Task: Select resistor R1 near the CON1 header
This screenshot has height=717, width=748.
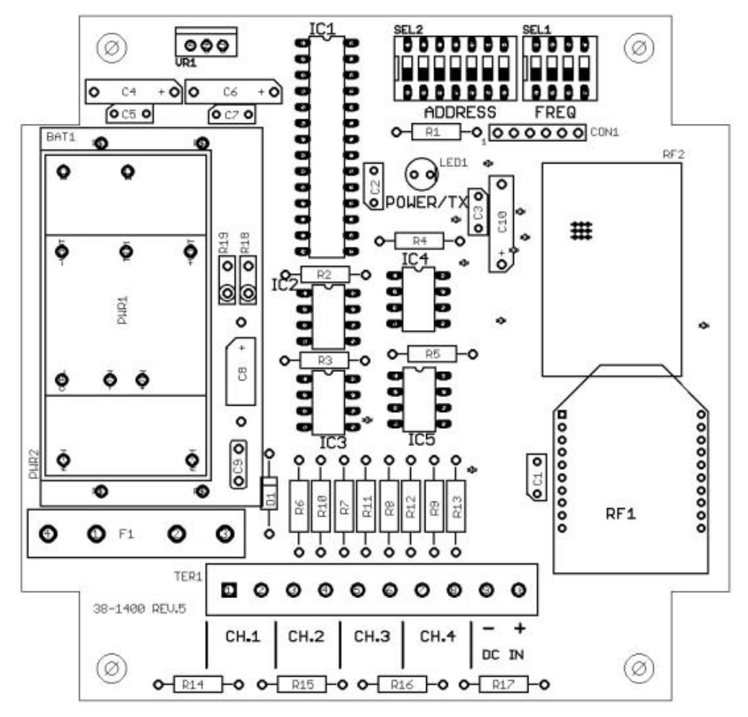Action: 432,132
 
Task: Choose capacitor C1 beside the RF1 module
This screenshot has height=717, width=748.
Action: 536,477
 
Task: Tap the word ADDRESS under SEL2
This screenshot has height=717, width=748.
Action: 460,112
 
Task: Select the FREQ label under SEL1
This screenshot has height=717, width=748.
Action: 555,112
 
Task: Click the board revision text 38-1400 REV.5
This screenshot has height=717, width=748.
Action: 139,608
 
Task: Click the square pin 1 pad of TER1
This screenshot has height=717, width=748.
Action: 229,590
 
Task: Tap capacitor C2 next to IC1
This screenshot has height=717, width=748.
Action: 374,186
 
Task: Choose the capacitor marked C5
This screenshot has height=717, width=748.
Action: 130,113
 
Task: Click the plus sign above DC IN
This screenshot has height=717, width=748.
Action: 518,628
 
